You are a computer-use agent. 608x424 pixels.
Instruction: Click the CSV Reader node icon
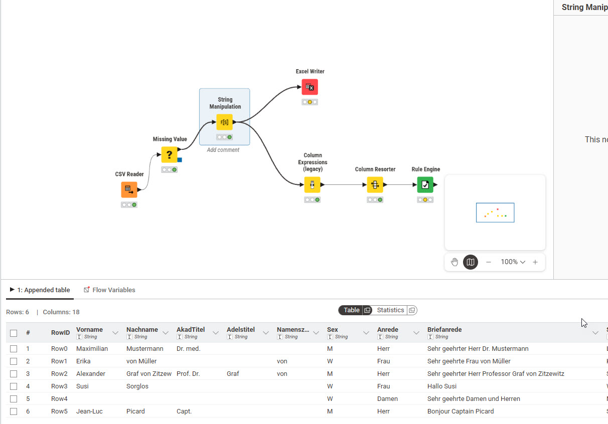tap(129, 189)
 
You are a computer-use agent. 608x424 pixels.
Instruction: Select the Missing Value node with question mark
tap(169, 154)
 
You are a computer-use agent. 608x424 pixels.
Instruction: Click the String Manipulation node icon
tap(224, 122)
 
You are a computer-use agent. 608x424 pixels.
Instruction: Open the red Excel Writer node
tap(310, 87)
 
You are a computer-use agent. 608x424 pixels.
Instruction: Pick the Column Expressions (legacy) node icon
tap(312, 184)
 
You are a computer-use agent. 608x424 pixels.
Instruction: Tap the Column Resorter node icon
tap(375, 184)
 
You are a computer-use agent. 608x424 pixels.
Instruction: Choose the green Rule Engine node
tap(425, 184)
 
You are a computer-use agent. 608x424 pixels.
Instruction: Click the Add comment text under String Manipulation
tap(223, 150)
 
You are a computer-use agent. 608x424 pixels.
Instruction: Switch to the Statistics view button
tap(390, 310)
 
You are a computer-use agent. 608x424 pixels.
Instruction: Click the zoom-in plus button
tap(535, 262)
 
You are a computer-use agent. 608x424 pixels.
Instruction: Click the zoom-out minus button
tap(488, 262)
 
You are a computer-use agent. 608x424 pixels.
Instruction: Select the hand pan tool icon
tap(454, 262)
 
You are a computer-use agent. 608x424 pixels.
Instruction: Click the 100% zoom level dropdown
tap(513, 262)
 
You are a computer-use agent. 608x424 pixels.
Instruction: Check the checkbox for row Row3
tap(14, 386)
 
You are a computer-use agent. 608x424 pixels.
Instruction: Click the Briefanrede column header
tap(444, 329)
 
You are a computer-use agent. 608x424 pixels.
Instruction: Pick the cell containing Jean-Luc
tap(89, 411)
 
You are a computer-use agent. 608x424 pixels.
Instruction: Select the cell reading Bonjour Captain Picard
tap(461, 411)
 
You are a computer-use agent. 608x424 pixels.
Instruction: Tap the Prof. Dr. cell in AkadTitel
tap(188, 373)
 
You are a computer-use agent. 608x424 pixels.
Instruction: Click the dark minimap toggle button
tap(471, 262)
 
